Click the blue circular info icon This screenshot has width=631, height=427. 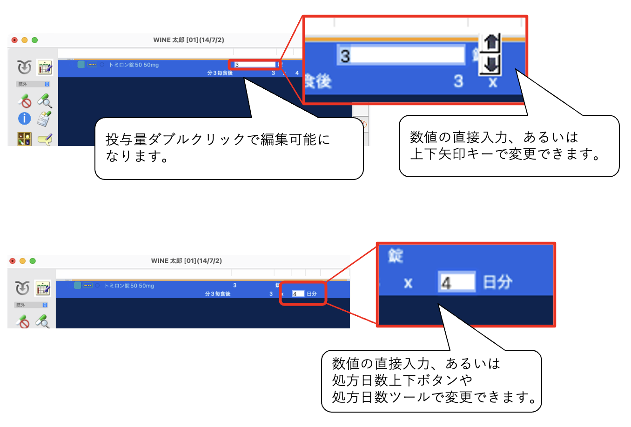[24, 119]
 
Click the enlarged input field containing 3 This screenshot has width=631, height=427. [401, 55]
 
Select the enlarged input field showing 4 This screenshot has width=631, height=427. [456, 282]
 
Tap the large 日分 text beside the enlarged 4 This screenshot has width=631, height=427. [497, 282]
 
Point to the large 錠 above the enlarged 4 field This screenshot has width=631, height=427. [396, 255]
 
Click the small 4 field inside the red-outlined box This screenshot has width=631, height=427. [298, 294]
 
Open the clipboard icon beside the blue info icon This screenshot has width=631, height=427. [44, 119]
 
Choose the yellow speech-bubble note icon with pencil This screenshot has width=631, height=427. [45, 139]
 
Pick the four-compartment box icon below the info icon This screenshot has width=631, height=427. [24, 139]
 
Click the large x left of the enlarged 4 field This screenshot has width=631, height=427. [408, 283]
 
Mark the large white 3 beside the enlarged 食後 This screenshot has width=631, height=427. [458, 81]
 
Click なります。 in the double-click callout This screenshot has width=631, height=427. [137, 156]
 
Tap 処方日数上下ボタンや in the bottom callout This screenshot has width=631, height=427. [402, 380]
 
